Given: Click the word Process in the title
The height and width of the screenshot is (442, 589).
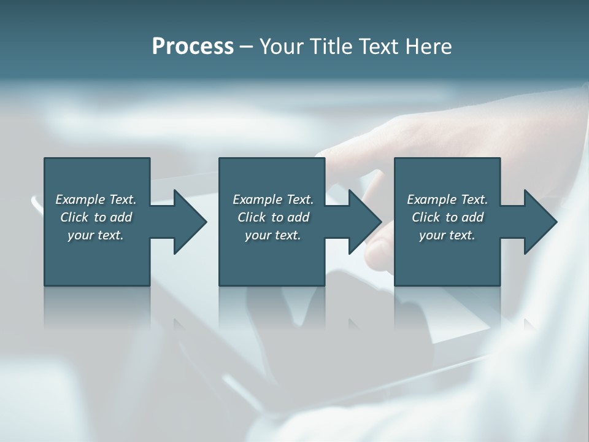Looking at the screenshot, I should tap(193, 47).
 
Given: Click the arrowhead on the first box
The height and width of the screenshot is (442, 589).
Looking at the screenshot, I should tap(189, 222).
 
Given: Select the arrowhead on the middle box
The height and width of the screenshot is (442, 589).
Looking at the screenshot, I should tap(364, 222).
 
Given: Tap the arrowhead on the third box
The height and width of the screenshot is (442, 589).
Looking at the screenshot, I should tap(539, 222).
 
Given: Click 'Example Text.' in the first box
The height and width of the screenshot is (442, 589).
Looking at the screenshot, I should tap(96, 200).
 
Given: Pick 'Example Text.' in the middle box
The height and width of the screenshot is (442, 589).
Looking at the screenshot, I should tap(273, 200).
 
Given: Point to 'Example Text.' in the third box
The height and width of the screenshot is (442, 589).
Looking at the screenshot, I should tap(447, 200).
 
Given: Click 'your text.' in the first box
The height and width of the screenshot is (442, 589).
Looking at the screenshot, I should tap(96, 235).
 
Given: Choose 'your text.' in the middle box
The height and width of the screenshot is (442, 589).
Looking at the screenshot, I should tap(273, 235).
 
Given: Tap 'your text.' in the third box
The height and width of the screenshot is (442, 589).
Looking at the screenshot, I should tap(447, 235).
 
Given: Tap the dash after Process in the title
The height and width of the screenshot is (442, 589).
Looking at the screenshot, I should tap(246, 47).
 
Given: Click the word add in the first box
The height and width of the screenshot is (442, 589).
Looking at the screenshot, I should tap(121, 217).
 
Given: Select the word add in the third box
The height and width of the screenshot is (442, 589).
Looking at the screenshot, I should tap(472, 217).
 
